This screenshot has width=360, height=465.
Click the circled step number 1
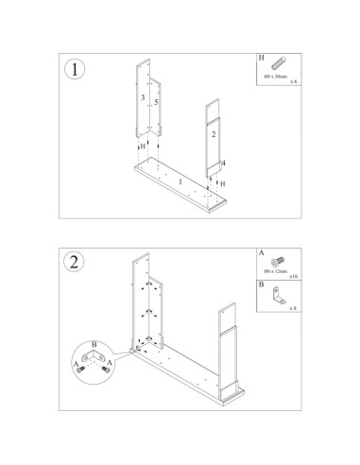75,69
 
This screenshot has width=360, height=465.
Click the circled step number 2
75,263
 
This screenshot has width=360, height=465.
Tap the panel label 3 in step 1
143,97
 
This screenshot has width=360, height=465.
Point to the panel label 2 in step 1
214,135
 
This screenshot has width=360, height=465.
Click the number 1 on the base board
180,180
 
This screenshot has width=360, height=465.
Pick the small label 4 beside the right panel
224,163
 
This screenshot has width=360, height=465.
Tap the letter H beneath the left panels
145,149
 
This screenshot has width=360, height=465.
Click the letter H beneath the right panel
222,182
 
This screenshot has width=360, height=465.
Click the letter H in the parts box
262,58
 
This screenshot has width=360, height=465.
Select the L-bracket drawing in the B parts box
278,296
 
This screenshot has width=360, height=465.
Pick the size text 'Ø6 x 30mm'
277,77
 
